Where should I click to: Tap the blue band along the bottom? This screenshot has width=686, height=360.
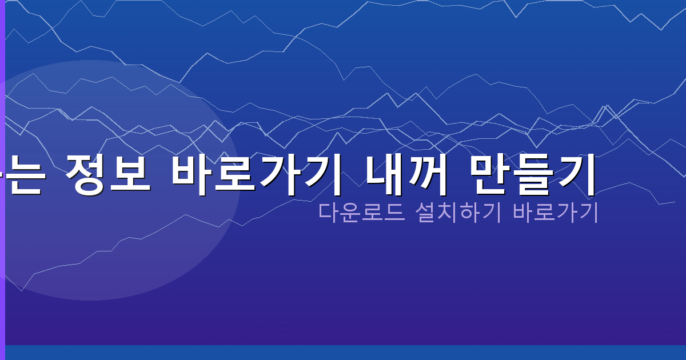click(x=343, y=353)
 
